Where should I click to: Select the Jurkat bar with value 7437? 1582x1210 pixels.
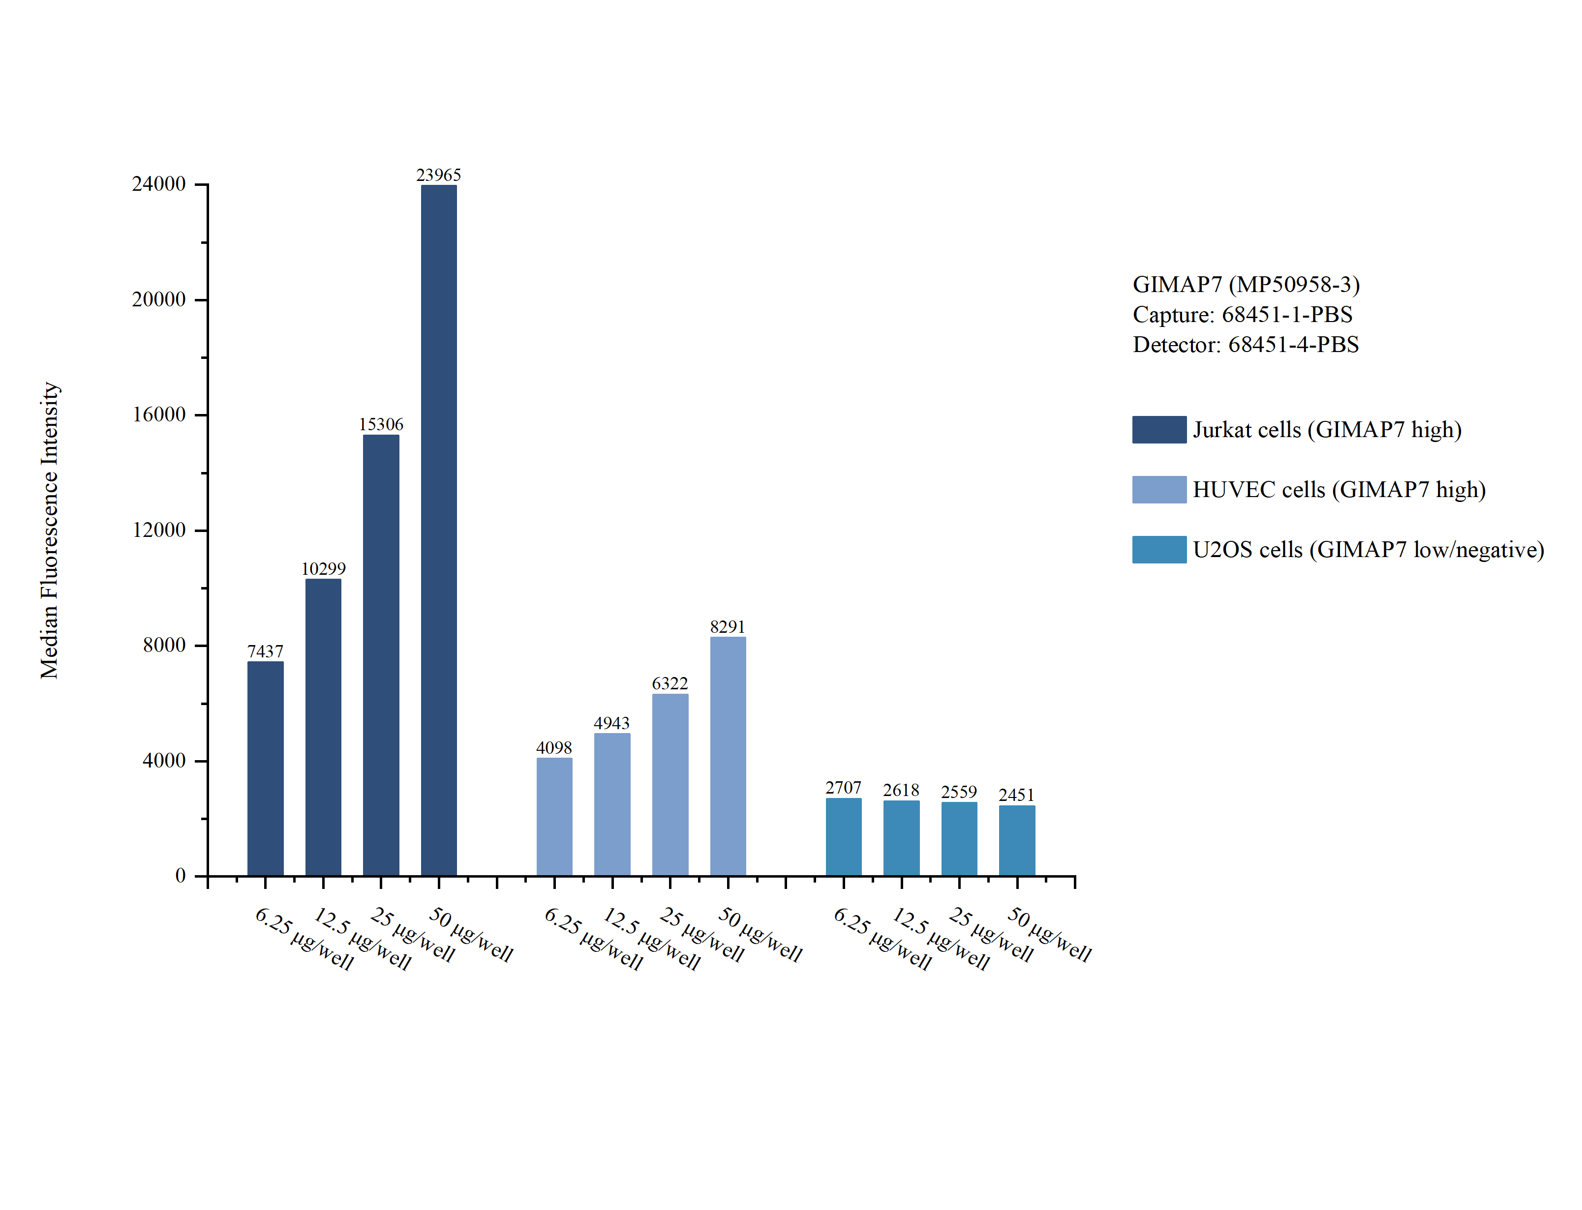(265, 768)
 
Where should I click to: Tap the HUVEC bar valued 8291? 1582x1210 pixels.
(728, 756)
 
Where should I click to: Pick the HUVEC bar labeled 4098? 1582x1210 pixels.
(554, 816)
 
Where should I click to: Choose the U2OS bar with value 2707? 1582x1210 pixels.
(843, 836)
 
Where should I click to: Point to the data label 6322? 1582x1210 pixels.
(669, 683)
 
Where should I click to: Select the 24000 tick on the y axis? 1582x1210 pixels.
(158, 184)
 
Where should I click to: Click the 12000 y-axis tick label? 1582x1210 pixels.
(158, 530)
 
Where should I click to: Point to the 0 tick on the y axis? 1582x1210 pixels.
(180, 876)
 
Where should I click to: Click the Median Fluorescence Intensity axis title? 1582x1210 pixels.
(49, 530)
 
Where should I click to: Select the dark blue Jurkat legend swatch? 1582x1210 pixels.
(1158, 429)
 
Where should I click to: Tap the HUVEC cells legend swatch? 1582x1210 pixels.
(1158, 489)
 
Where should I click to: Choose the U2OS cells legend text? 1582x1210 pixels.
(1368, 550)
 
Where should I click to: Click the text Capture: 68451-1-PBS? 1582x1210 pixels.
(1242, 315)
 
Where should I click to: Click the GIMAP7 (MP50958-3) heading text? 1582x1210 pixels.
(1246, 285)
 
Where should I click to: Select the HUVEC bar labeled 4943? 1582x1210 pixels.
(611, 804)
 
